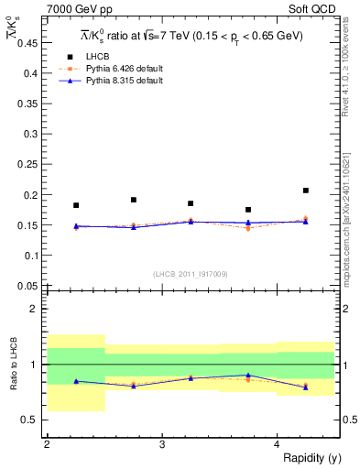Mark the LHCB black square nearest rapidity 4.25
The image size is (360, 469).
click(306, 191)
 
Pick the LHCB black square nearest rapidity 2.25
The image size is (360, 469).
click(76, 205)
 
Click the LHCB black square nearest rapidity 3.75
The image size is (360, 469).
click(248, 210)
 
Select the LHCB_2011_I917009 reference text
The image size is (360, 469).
click(190, 273)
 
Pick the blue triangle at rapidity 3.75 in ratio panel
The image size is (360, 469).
click(248, 375)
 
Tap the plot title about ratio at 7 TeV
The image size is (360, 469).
click(191, 35)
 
